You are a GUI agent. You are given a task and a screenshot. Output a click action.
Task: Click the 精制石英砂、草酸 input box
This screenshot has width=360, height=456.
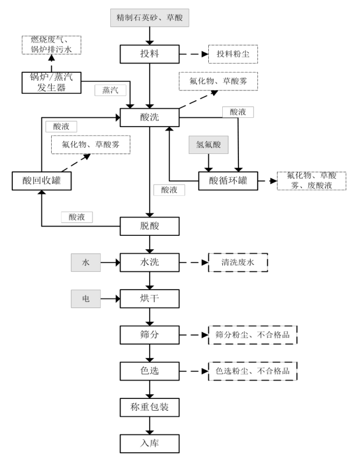click(x=150, y=18)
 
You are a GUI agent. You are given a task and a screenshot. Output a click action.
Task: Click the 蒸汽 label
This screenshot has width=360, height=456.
click(x=108, y=90)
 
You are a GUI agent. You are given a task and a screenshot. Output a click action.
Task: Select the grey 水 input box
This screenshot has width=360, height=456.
click(x=86, y=263)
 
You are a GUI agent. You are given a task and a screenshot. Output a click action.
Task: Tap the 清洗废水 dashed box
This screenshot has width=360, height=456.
click(x=238, y=263)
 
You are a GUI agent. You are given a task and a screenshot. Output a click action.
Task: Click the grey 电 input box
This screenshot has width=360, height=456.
click(x=86, y=298)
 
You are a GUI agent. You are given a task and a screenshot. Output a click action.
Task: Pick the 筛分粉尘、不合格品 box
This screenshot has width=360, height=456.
click(x=252, y=334)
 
